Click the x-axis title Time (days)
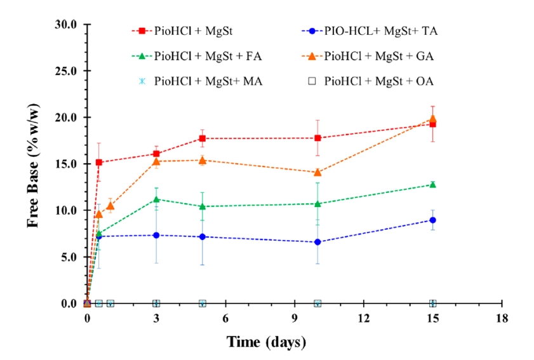267,342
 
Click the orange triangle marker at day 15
433,119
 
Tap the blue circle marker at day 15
433,220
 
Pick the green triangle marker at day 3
156,199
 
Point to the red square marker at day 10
317,138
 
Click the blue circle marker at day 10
317,242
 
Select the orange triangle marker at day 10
317,172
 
